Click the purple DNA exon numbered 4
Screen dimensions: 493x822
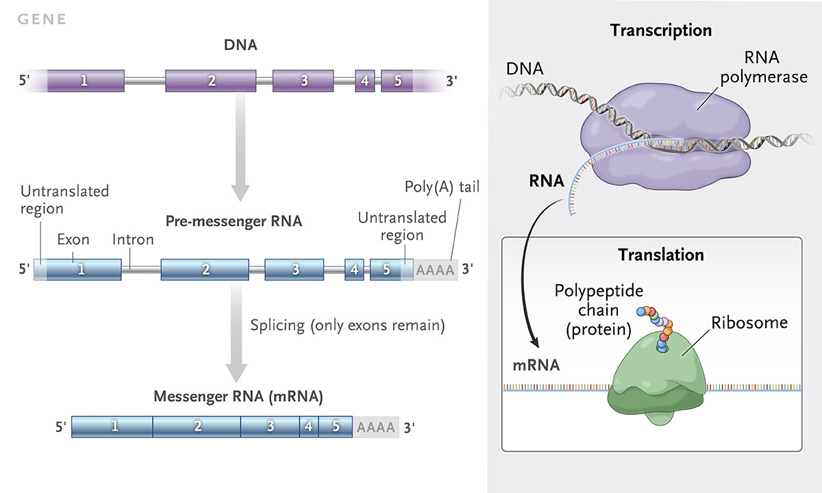click(364, 81)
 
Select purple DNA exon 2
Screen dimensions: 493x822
click(211, 81)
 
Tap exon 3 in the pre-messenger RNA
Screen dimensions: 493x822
click(295, 269)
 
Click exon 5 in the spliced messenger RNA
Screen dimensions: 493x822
click(335, 427)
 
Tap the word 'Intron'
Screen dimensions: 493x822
click(133, 240)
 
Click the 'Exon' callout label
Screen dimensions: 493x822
click(73, 240)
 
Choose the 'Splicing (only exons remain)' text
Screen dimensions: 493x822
click(348, 325)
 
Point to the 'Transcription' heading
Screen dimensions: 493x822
click(661, 31)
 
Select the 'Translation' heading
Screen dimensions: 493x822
click(661, 255)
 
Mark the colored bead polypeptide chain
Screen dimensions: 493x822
click(658, 325)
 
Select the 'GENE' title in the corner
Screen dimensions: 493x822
click(42, 19)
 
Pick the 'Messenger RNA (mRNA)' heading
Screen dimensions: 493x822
click(238, 396)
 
